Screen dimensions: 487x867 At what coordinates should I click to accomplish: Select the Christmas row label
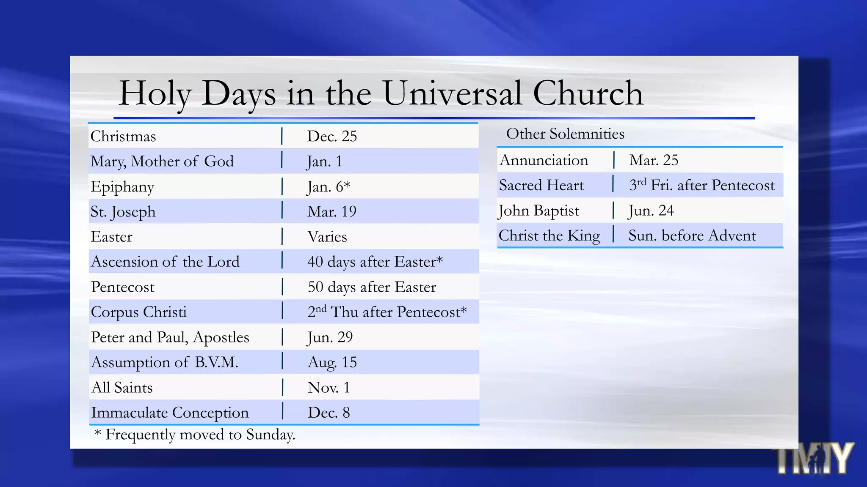[123, 137]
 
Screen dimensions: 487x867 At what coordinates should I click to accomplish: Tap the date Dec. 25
[332, 136]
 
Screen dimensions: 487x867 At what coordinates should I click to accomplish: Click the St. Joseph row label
[123, 212]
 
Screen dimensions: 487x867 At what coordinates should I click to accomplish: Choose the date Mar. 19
[332, 211]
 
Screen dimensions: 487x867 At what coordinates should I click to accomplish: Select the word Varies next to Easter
[327, 237]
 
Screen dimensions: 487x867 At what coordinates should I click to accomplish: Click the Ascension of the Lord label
[165, 262]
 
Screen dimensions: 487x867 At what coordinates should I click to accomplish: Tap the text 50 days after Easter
[372, 287]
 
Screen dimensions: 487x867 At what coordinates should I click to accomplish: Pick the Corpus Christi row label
[139, 312]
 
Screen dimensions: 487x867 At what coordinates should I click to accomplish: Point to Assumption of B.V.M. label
[165, 362]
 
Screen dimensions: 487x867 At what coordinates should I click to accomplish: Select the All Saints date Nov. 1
[329, 388]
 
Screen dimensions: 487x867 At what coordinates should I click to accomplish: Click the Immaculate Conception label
[170, 413]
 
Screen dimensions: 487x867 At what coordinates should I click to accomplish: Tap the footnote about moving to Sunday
[195, 435]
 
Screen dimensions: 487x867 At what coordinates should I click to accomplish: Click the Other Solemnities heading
[565, 134]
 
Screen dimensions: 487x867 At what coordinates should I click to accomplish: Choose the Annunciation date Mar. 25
[654, 160]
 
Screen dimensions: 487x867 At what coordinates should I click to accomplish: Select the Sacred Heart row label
[541, 185]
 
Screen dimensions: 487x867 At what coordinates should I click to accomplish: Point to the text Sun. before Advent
[692, 235]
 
